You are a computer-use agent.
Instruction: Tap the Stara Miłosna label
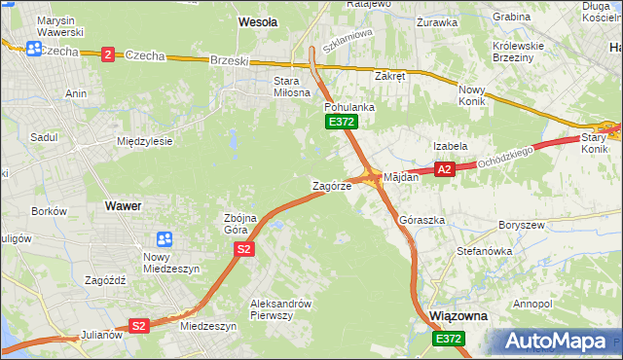tap(273, 88)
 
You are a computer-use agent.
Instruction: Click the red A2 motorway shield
tap(445, 169)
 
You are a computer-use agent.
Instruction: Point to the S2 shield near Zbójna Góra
tap(244, 250)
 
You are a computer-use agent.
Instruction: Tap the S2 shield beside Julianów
tap(139, 326)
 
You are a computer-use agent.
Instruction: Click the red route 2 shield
tap(107, 54)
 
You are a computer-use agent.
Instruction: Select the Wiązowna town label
tap(458, 317)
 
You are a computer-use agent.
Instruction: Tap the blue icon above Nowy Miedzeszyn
tap(165, 238)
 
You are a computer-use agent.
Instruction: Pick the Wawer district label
tap(123, 206)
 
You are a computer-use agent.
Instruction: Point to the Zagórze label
tap(331, 186)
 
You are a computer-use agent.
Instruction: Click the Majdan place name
tap(400, 177)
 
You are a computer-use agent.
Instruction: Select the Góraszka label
tap(421, 220)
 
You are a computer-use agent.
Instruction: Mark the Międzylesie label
tap(144, 141)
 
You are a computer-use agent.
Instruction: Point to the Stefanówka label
tap(485, 251)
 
